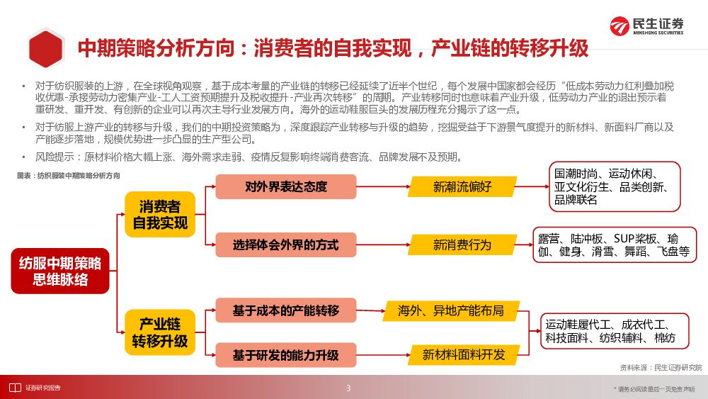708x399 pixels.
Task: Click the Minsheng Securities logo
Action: (x=647, y=26)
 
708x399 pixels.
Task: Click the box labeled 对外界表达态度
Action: (x=286, y=187)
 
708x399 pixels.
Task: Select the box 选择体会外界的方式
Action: (x=286, y=245)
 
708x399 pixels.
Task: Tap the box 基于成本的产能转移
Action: (x=286, y=310)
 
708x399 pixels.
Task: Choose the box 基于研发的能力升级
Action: (x=286, y=354)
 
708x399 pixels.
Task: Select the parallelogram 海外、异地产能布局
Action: (x=451, y=310)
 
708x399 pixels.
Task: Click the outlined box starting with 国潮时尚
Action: (x=614, y=186)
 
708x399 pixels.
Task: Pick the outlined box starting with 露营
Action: (x=615, y=245)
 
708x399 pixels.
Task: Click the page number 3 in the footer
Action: (x=348, y=388)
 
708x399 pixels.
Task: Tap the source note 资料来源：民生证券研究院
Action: (x=661, y=367)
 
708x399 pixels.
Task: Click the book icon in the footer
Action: (x=14, y=388)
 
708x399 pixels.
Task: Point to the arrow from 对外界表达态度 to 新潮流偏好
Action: (x=382, y=187)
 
